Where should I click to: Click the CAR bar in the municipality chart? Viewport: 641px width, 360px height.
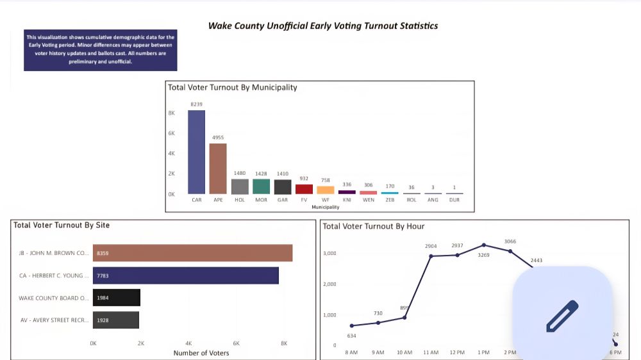pyautogui.click(x=196, y=152)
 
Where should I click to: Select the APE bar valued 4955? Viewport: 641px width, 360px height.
pyautogui.click(x=218, y=168)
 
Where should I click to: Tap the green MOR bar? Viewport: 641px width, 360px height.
pyautogui.click(x=261, y=186)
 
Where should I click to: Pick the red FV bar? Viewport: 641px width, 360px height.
pyautogui.click(x=304, y=189)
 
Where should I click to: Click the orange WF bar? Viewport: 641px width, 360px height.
pyautogui.click(x=326, y=190)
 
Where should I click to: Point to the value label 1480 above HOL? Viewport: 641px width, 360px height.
pyautogui.click(x=240, y=173)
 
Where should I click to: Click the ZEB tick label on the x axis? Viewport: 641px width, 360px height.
pyautogui.click(x=390, y=200)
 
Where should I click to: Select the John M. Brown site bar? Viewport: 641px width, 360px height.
pyautogui.click(x=192, y=253)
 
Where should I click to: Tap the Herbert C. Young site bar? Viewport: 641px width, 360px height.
pyautogui.click(x=186, y=275)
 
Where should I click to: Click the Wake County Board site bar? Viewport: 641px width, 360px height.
pyautogui.click(x=117, y=297)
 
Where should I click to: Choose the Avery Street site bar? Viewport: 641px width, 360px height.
pyautogui.click(x=116, y=320)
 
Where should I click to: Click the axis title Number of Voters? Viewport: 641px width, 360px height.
pyautogui.click(x=201, y=353)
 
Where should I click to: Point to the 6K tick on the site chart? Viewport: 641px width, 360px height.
pyautogui.click(x=236, y=343)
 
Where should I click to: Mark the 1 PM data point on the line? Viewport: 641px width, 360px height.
pyautogui.click(x=484, y=245)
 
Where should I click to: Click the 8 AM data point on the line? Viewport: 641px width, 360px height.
pyautogui.click(x=351, y=325)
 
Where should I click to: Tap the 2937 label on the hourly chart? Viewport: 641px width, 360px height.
pyautogui.click(x=457, y=246)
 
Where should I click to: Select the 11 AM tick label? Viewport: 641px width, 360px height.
pyautogui.click(x=431, y=352)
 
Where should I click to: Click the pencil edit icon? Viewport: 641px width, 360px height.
pyautogui.click(x=562, y=316)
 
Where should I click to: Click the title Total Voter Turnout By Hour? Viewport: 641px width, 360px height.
pyautogui.click(x=373, y=226)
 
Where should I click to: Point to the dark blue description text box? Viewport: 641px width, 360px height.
pyautogui.click(x=100, y=49)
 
